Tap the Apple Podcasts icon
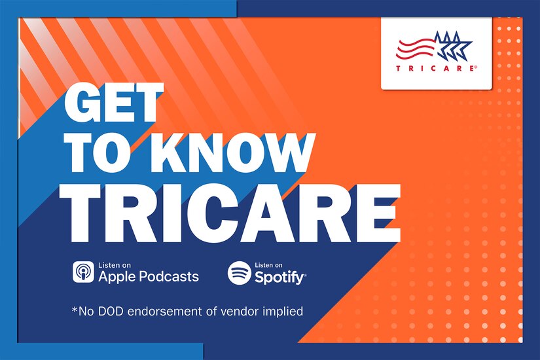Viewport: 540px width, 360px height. [x=83, y=272]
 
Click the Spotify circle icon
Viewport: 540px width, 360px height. [x=239, y=272]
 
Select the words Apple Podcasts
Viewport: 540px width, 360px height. [x=149, y=276]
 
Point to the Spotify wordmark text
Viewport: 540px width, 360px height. [x=279, y=278]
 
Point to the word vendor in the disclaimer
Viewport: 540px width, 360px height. [x=243, y=312]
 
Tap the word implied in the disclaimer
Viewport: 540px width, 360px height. [x=285, y=312]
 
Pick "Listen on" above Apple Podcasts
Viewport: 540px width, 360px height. [x=113, y=264]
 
